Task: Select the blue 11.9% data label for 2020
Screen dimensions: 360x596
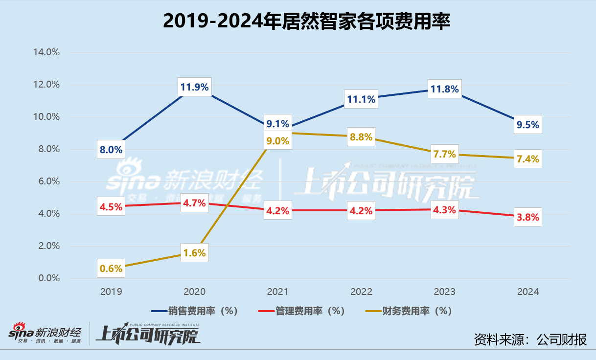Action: [194, 88]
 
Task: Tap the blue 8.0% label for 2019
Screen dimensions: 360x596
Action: [111, 150]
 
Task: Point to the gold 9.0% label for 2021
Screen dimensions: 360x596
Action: [277, 141]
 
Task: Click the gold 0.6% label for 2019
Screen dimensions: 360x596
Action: [111, 268]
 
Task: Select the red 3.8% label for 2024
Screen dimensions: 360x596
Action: [527, 218]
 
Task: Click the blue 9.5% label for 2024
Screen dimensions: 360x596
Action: [527, 125]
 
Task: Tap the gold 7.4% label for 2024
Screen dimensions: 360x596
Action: [527, 159]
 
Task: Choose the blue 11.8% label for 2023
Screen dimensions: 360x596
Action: [444, 89]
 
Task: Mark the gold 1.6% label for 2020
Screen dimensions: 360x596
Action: [194, 253]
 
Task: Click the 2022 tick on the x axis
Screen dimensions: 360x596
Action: [361, 292]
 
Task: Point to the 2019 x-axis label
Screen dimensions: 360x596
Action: [111, 292]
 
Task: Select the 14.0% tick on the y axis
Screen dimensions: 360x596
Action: [46, 52]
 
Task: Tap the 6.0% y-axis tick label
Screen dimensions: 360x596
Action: [47, 181]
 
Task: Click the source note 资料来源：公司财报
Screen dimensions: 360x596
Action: [530, 339]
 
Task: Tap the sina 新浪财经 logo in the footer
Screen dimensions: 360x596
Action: [46, 335]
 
